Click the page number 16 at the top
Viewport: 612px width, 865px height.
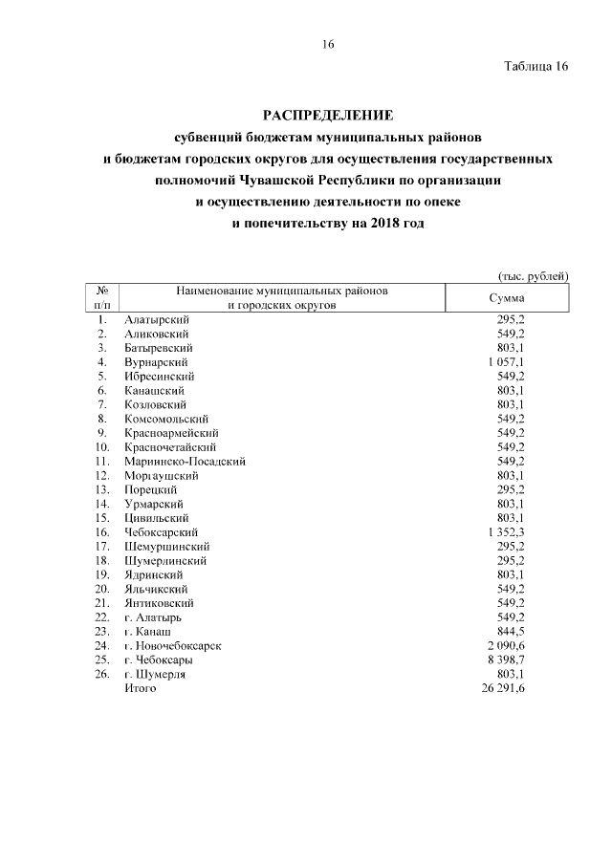click(x=327, y=45)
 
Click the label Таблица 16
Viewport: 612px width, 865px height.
click(x=535, y=67)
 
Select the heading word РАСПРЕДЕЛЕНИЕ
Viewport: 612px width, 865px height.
click(x=329, y=116)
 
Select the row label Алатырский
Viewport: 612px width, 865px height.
click(x=157, y=320)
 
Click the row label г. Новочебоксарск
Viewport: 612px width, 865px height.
click(x=173, y=645)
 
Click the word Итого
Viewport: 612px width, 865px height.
click(x=140, y=688)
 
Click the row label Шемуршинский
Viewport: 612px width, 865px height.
click(x=165, y=546)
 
